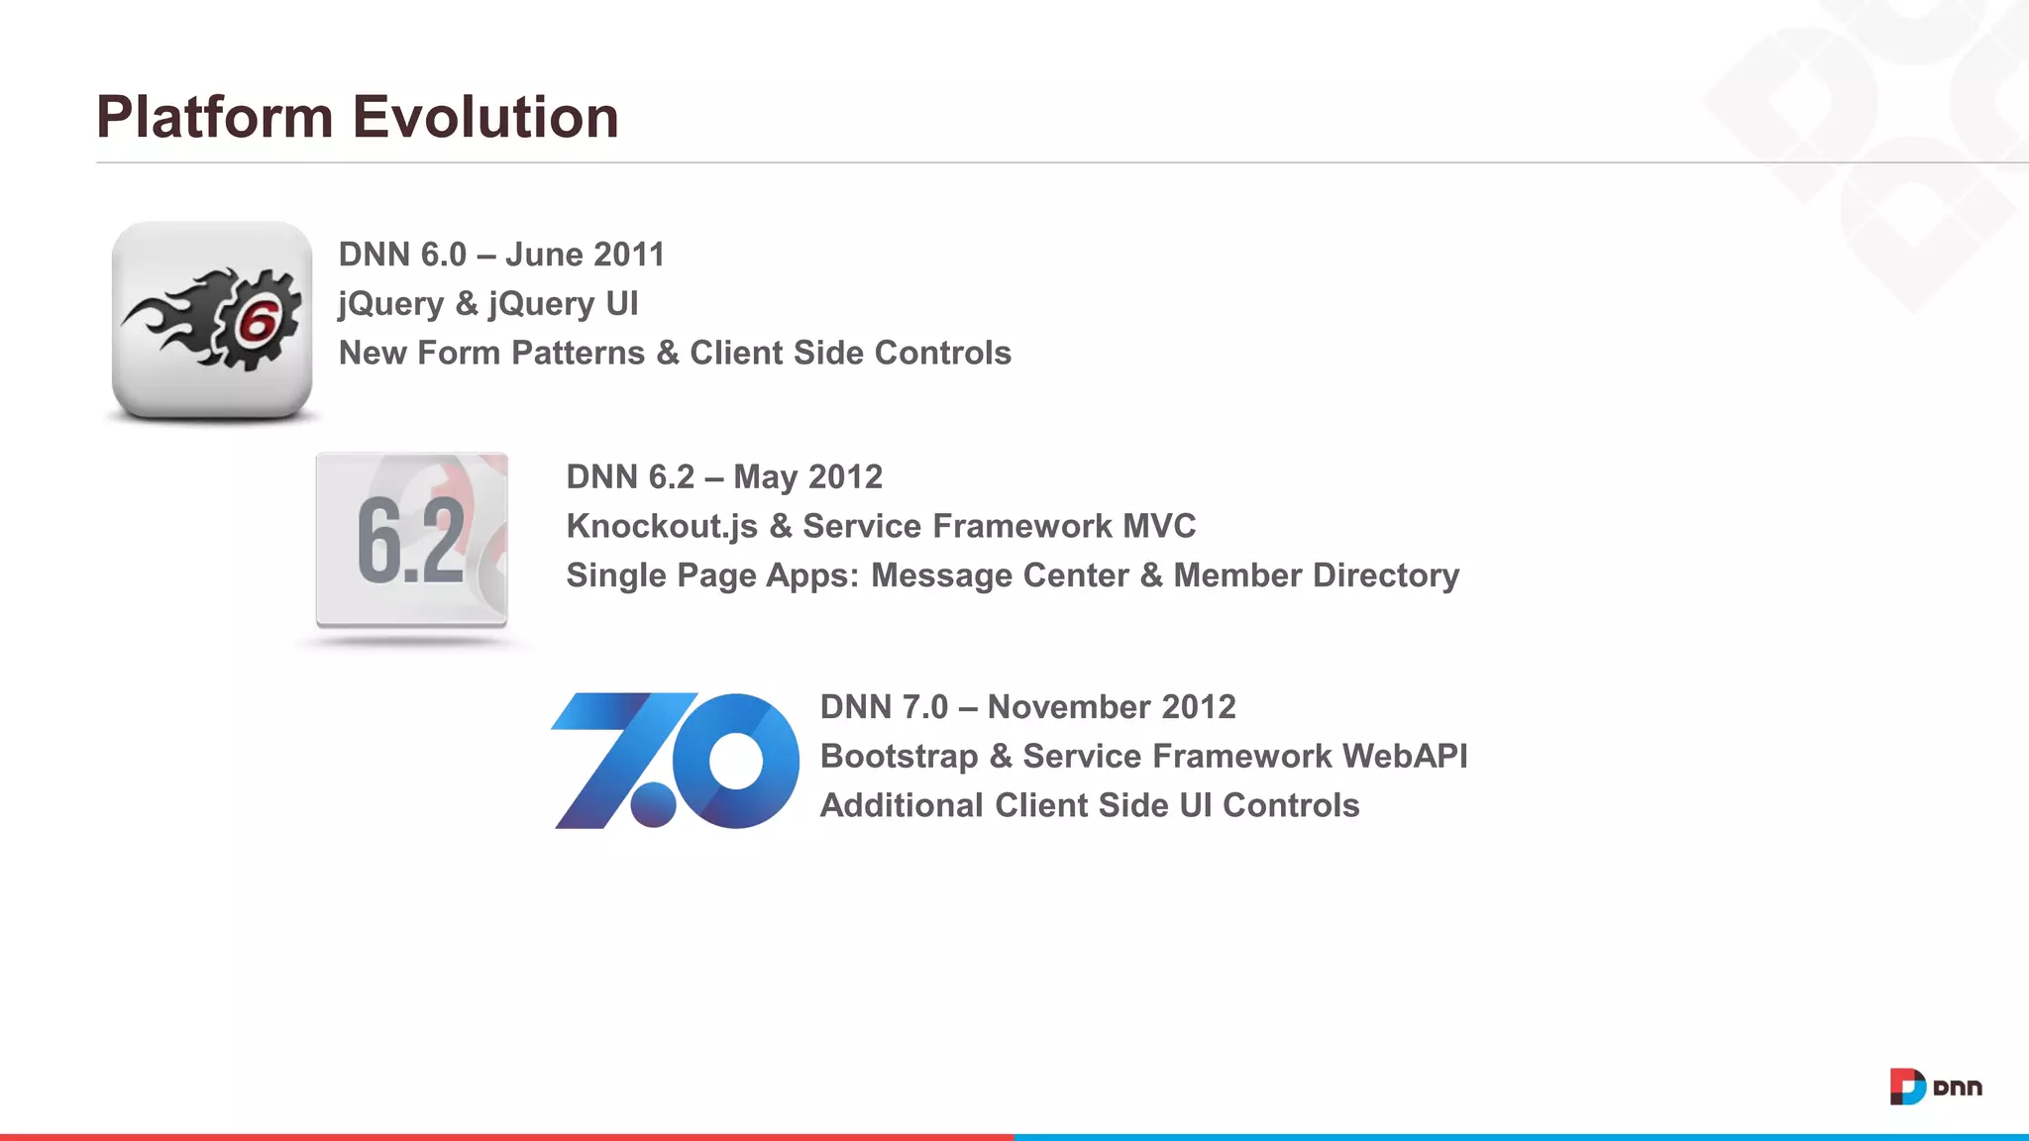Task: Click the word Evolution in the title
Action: (x=485, y=117)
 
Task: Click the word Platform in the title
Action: (x=214, y=117)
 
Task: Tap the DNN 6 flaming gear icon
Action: (x=212, y=319)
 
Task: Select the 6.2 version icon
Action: (x=411, y=541)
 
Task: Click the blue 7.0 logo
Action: (x=675, y=760)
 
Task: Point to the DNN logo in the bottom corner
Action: (x=1936, y=1087)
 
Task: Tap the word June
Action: (x=544, y=255)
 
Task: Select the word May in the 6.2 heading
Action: (x=765, y=477)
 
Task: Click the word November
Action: (x=1068, y=707)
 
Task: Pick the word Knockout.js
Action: (x=662, y=526)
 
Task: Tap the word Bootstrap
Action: (x=899, y=756)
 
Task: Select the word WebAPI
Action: (x=1404, y=756)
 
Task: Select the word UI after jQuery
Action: (x=621, y=303)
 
